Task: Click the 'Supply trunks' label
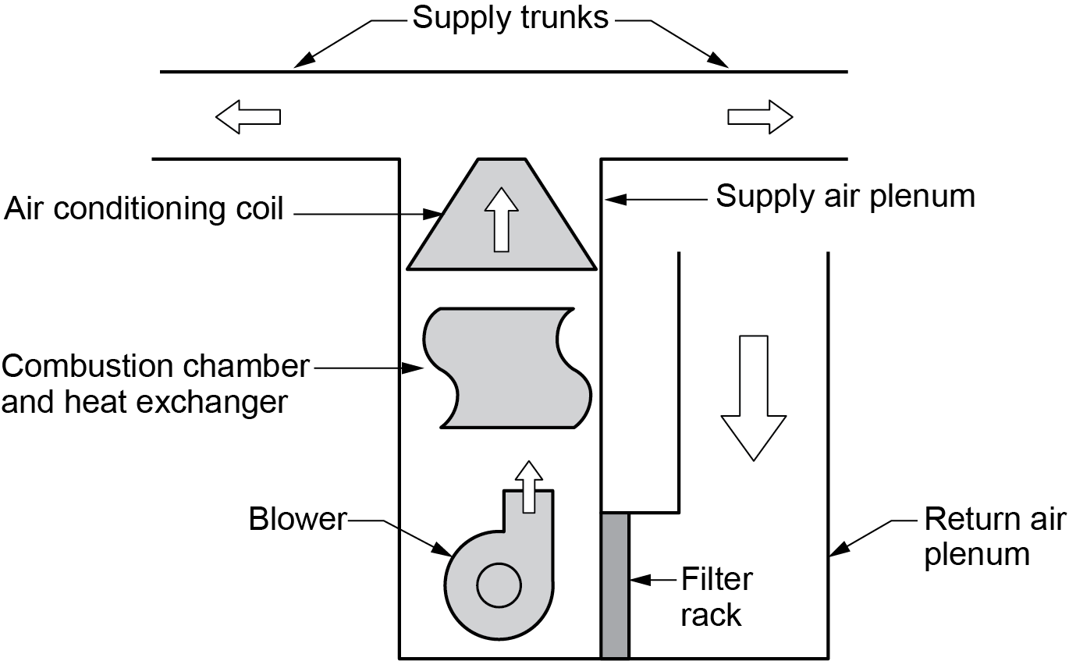[x=510, y=17]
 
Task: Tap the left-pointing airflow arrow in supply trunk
[x=247, y=117]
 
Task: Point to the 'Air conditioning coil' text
[x=144, y=209]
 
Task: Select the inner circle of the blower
[x=499, y=586]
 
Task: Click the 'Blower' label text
[x=297, y=519]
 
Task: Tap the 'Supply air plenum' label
[x=845, y=196]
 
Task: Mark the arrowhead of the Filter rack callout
[x=635, y=580]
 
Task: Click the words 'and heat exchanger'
[x=145, y=403]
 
